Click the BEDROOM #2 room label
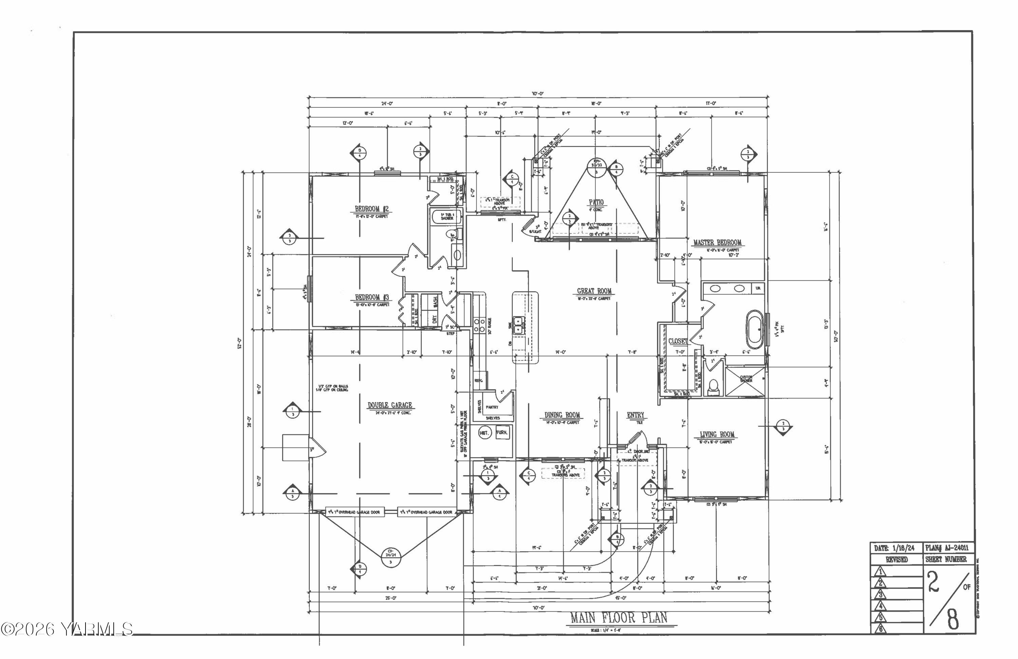[x=371, y=209]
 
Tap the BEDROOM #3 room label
[x=372, y=297]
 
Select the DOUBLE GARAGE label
[x=390, y=405]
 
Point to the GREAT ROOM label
[x=594, y=291]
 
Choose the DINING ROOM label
[x=562, y=415]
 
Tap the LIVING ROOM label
[x=717, y=434]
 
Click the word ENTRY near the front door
[x=635, y=415]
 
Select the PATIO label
[x=596, y=202]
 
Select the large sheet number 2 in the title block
[x=933, y=583]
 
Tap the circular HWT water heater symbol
[x=484, y=433]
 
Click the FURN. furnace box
[x=502, y=433]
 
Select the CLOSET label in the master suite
[x=678, y=341]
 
